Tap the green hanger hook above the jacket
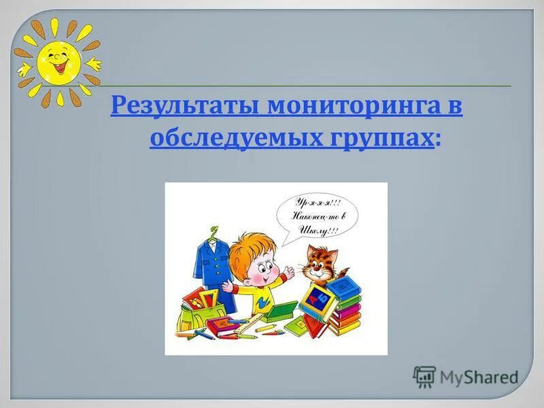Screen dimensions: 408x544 (215, 231)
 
